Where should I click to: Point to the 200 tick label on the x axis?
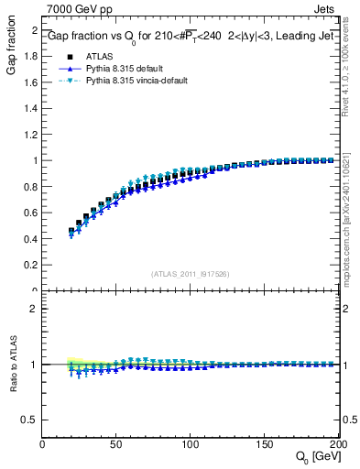(x=337, y=444)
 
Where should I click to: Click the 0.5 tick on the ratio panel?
(x=31, y=420)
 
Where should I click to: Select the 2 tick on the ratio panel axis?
(x=35, y=309)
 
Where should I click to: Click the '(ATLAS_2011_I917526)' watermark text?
(x=191, y=273)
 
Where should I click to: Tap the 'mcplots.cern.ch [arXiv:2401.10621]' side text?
(x=352, y=230)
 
